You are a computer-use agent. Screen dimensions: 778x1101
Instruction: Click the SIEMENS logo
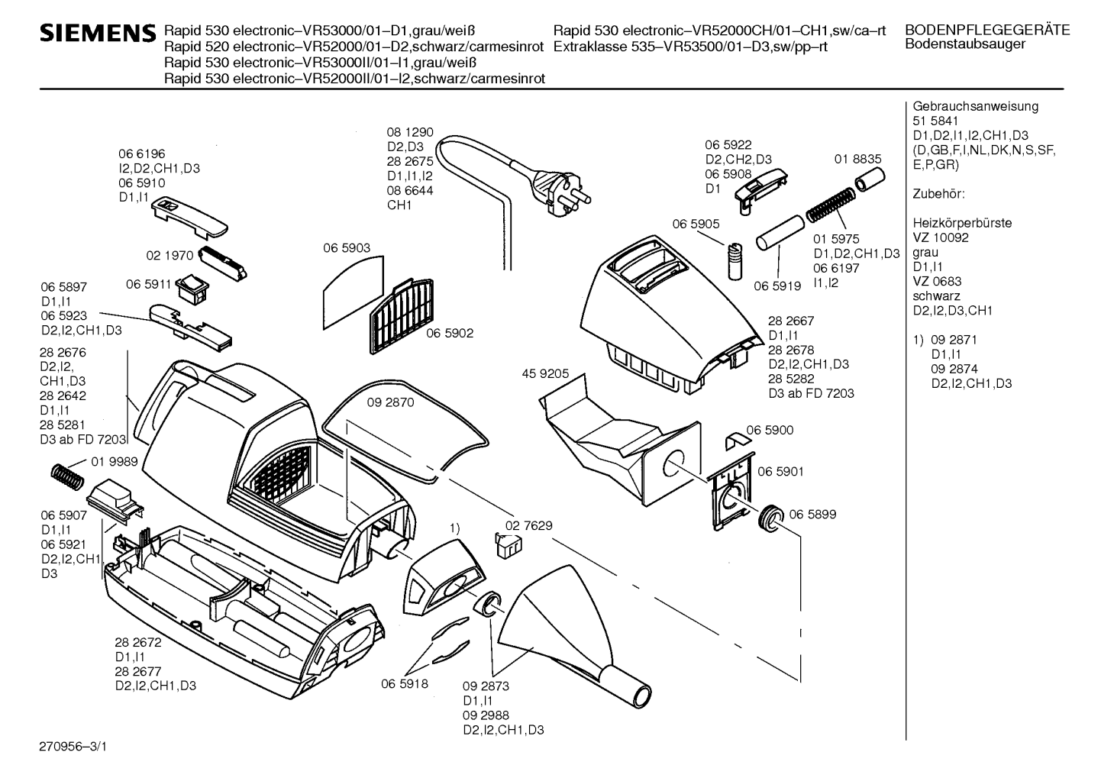[x=97, y=34]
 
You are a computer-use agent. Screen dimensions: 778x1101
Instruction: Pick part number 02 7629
[x=528, y=525]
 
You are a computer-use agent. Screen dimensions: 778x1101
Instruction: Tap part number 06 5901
[x=780, y=472]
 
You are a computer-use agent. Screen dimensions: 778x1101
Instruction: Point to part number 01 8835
[x=857, y=159]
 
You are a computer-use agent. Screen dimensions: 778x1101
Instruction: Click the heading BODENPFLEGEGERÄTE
[x=986, y=31]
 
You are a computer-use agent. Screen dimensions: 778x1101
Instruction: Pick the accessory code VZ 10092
[x=941, y=237]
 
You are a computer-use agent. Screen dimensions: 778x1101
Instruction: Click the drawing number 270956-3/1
[x=73, y=745]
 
